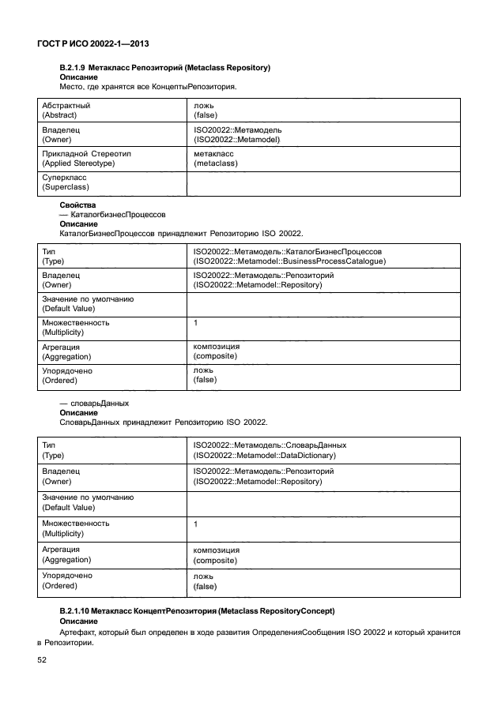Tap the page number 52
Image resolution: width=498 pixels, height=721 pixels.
click(43, 660)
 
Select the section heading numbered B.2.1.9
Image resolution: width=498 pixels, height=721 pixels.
click(165, 68)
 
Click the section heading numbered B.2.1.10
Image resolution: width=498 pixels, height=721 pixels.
click(198, 611)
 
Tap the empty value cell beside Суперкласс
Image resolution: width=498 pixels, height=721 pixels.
click(324, 183)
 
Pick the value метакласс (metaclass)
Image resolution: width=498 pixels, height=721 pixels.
click(215, 159)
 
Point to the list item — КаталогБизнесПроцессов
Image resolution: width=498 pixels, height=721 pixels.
click(112, 215)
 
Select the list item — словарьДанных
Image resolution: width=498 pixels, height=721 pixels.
click(94, 403)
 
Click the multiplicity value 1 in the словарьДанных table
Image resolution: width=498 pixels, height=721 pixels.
click(195, 524)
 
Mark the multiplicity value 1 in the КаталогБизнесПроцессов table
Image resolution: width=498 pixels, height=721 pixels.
click(195, 323)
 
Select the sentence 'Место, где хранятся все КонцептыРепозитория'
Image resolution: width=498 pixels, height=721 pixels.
click(149, 87)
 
